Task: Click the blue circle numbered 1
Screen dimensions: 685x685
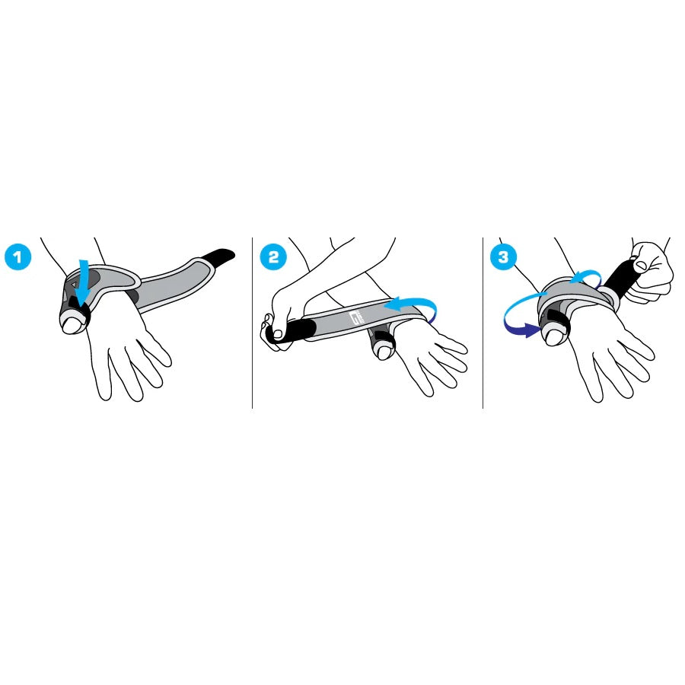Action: click(x=18, y=257)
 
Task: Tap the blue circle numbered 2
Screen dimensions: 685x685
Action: click(x=273, y=257)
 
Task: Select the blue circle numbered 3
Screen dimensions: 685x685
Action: click(x=504, y=257)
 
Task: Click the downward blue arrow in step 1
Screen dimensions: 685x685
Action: click(x=82, y=281)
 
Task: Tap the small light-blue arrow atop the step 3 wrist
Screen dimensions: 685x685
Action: click(x=586, y=276)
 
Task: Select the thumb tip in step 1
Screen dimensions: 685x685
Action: click(x=72, y=325)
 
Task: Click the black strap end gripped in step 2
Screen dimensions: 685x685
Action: click(x=289, y=330)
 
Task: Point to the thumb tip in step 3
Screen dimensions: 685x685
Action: click(x=554, y=336)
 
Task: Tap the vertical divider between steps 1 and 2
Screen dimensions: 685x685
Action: click(x=253, y=323)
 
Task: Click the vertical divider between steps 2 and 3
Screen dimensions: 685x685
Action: click(x=483, y=323)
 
